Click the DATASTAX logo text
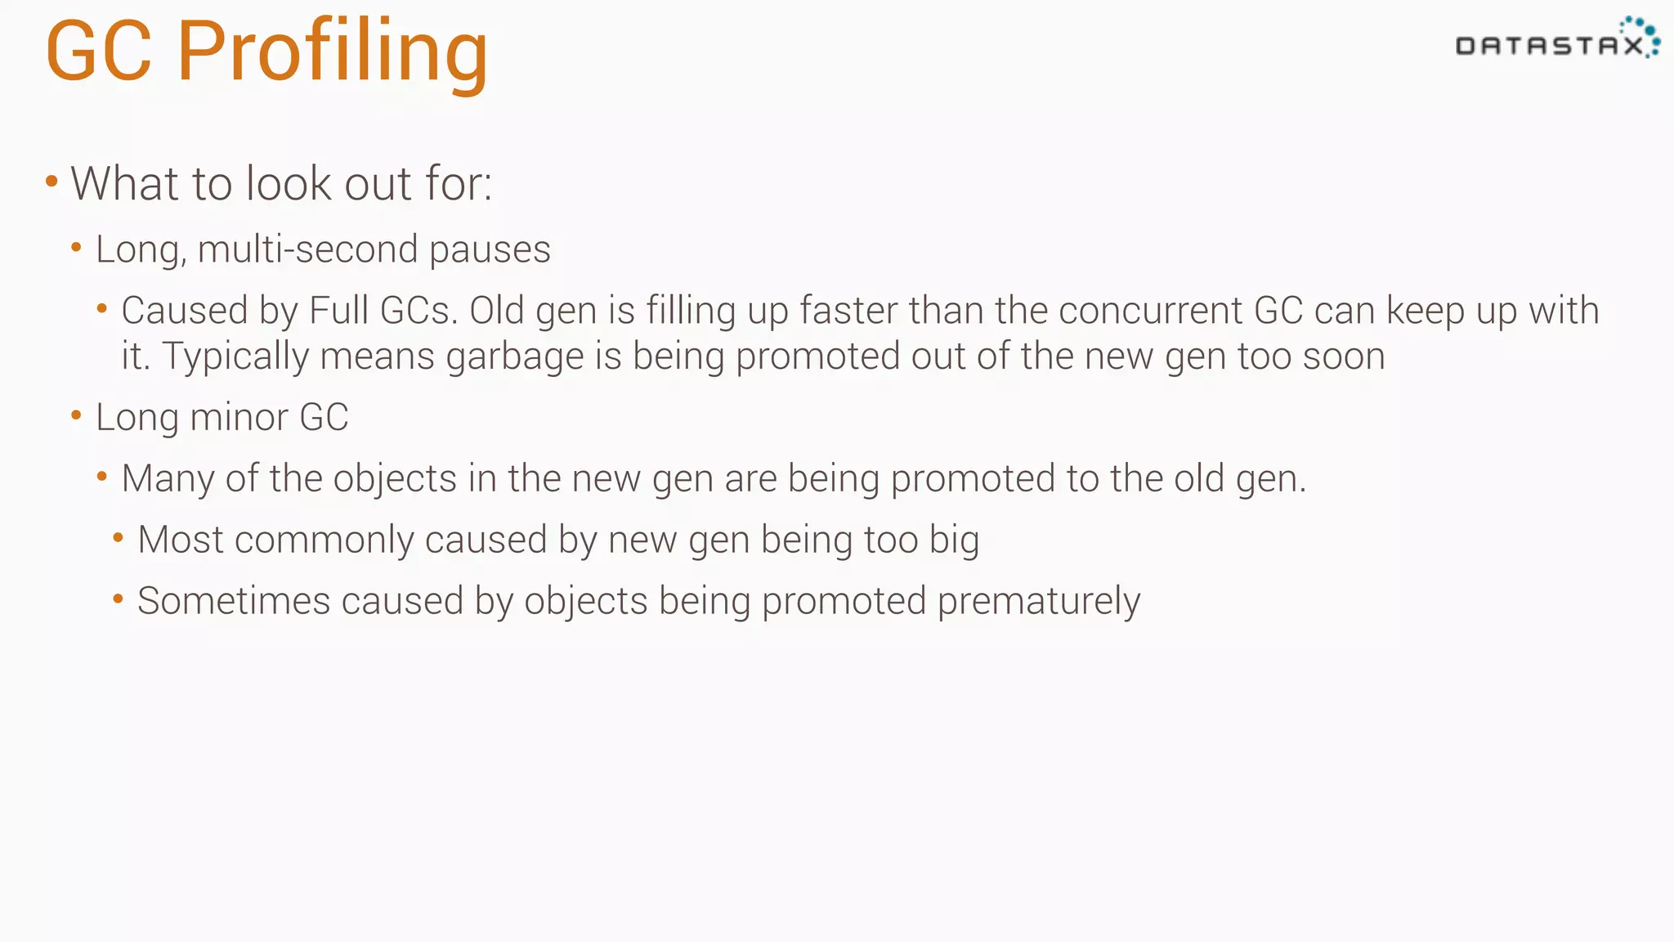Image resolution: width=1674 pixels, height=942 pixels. [x=1549, y=46]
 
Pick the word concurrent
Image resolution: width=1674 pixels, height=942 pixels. [x=1150, y=311]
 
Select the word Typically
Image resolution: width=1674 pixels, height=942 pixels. [x=235, y=357]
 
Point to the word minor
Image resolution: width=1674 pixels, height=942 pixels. [x=239, y=417]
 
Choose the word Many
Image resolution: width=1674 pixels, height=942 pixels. [x=168, y=479]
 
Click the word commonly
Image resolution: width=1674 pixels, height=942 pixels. [x=323, y=541]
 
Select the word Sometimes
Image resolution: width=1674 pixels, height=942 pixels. [x=234, y=601]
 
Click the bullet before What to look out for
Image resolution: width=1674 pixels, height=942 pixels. [x=51, y=182]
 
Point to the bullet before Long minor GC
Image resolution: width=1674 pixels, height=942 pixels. [x=77, y=415]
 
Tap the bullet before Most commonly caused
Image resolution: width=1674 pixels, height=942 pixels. [x=119, y=538]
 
